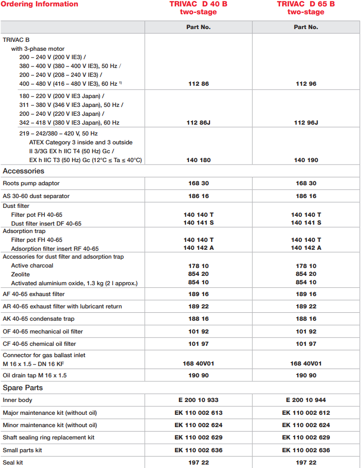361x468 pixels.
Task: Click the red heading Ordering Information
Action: (39, 4)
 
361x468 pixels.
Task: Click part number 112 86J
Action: (198, 123)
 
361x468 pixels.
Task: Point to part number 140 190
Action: (306, 160)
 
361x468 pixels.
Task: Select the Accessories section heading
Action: (24, 171)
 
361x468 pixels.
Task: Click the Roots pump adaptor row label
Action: (31, 183)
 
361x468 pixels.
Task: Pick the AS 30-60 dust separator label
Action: (36, 196)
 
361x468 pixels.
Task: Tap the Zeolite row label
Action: (20, 274)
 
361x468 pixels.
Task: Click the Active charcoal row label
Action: (32, 266)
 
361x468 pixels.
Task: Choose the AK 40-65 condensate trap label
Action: (38, 319)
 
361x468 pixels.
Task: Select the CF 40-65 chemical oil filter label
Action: (39, 344)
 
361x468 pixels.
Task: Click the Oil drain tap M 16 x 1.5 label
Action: (35, 375)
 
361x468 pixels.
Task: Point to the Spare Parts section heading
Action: (22, 388)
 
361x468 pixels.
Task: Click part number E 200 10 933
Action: (198, 400)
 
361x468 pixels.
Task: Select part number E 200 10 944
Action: (306, 400)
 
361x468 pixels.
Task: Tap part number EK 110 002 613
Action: (198, 413)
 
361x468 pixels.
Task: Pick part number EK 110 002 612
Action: (306, 413)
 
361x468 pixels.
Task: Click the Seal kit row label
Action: (13, 463)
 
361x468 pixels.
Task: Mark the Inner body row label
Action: (17, 400)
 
